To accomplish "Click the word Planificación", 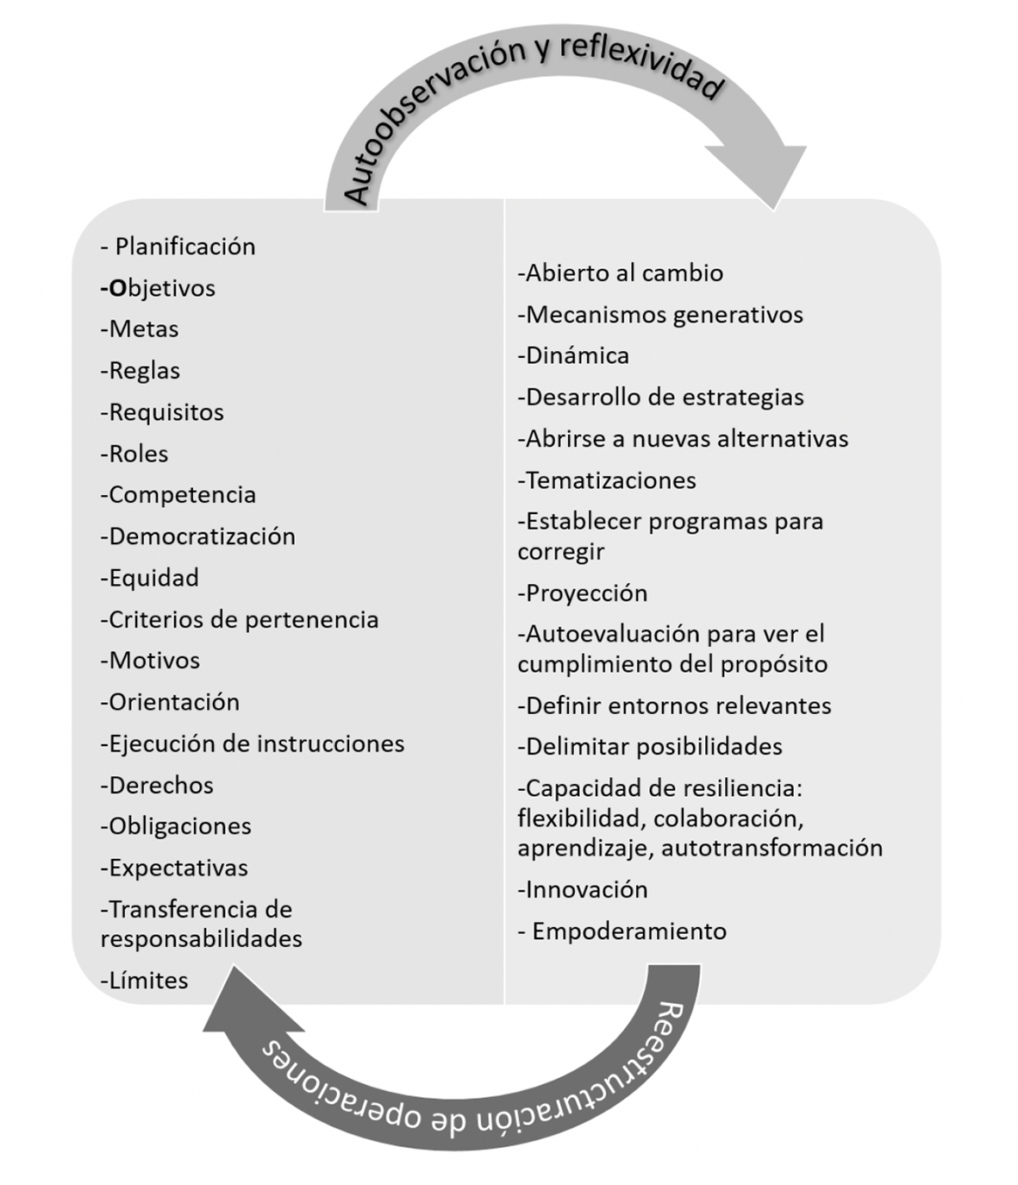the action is (x=185, y=247).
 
